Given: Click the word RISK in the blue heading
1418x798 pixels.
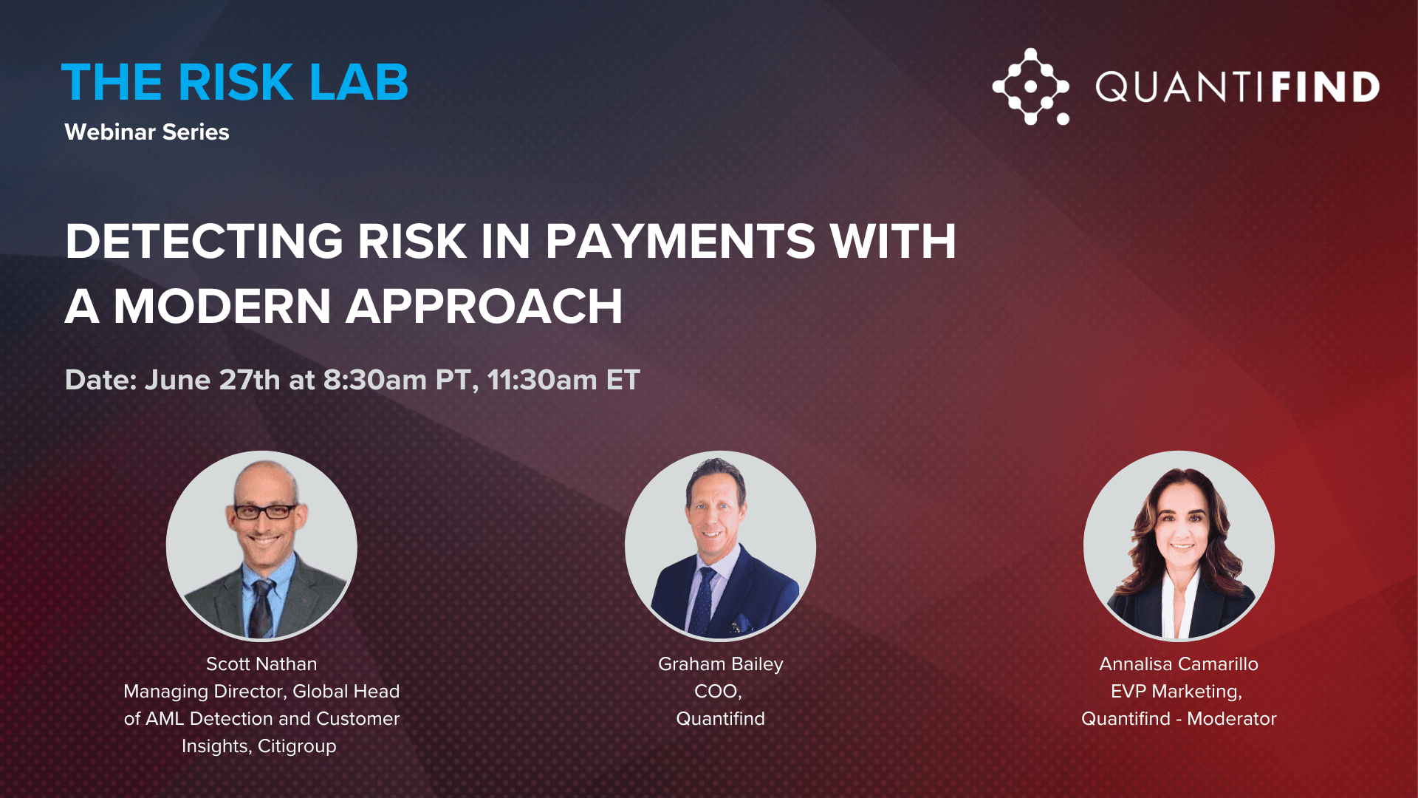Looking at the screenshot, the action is click(236, 82).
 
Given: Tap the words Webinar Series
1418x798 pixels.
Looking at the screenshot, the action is click(147, 132).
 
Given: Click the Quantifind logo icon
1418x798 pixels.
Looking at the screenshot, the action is click(1031, 86).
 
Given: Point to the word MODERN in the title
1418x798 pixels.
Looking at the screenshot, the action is click(222, 306).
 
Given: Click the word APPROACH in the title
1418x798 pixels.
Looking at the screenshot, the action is click(484, 306).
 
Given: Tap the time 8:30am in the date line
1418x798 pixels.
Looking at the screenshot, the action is click(374, 380).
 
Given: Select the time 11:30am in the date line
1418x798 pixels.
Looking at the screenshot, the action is click(542, 380).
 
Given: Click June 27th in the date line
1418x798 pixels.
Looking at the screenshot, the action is click(212, 380).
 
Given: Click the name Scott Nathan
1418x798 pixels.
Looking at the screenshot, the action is click(261, 664).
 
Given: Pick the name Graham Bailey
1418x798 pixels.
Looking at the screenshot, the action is click(721, 664).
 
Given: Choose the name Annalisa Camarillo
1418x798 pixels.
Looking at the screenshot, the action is click(1179, 664).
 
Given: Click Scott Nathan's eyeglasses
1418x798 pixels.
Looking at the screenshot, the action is click(265, 511).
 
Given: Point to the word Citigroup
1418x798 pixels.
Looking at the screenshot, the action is click(297, 746).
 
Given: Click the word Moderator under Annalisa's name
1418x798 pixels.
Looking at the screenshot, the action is click(1232, 718).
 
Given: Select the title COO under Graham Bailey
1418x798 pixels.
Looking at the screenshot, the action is click(718, 691).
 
